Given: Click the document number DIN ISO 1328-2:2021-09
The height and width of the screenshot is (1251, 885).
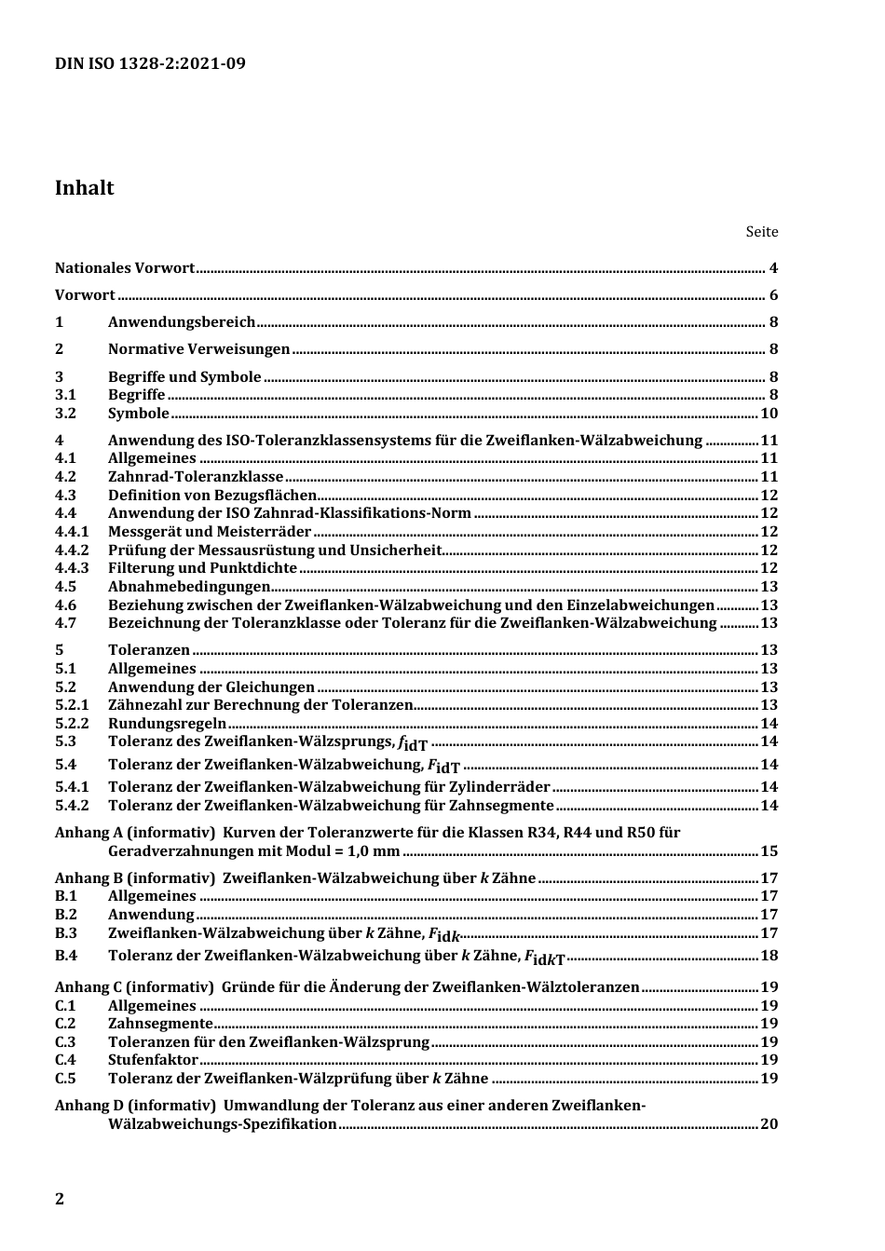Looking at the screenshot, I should (x=150, y=63).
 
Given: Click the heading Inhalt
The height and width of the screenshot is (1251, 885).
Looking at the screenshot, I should (x=84, y=187).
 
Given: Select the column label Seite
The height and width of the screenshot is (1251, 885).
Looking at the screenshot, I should (x=761, y=232).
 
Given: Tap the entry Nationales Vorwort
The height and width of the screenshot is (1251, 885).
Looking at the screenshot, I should (x=124, y=268).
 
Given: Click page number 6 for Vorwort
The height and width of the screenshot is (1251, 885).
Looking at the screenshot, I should (x=773, y=295).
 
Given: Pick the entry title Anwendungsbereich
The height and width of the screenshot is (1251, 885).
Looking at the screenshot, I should (x=182, y=322).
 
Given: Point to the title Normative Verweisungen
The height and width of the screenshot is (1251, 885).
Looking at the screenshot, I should (x=198, y=349).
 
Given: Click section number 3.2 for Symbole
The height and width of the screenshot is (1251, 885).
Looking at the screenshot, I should (x=65, y=414).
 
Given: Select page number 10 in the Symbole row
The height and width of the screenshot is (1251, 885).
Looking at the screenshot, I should (x=769, y=414).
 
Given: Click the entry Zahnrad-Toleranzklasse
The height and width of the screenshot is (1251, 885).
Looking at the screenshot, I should (x=196, y=477).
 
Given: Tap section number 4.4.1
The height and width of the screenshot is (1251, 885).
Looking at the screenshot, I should (x=72, y=532).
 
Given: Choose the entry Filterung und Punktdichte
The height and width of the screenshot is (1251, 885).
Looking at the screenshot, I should (x=202, y=568).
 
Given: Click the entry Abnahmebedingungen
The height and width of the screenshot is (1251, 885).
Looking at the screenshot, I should (x=189, y=587).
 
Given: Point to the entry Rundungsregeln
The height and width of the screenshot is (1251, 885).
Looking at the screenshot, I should (x=167, y=724).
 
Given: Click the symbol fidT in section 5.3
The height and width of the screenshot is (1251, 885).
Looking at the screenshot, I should (x=413, y=743).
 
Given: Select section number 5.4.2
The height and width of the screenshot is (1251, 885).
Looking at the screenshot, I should (x=72, y=806).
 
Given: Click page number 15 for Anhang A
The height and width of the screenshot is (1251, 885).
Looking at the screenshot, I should (x=769, y=851).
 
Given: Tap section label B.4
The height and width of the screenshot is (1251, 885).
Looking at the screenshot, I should (x=65, y=956).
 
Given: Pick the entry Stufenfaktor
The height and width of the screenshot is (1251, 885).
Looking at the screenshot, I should (x=153, y=1060).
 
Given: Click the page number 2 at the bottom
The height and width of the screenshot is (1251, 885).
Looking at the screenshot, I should (x=60, y=1199).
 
